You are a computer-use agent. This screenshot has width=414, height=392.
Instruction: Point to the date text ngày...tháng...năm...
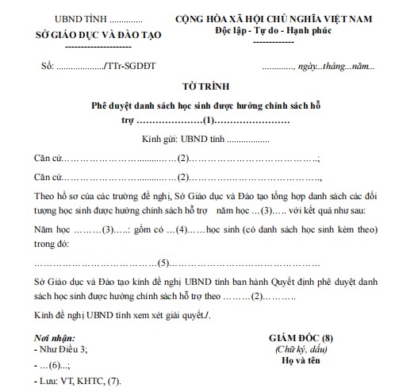tap(342, 67)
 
